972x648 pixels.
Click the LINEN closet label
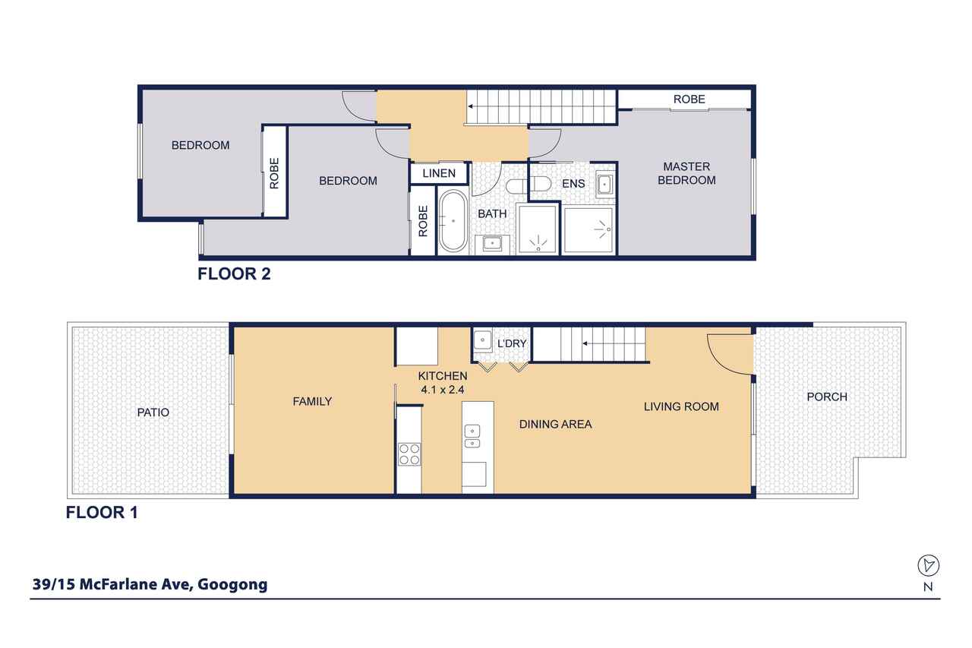tap(439, 173)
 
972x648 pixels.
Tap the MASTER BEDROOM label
tap(686, 173)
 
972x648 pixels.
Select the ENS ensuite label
tap(573, 184)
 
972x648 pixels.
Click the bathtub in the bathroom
tap(453, 221)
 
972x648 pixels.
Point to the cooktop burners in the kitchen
tap(409, 454)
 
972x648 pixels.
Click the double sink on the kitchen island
tap(472, 436)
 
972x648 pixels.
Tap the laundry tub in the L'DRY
tap(482, 340)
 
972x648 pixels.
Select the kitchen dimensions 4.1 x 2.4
tap(443, 390)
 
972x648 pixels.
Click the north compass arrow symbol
tap(928, 565)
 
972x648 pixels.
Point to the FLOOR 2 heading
tap(234, 274)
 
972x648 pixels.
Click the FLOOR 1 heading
tap(102, 513)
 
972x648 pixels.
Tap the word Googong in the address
tap(232, 585)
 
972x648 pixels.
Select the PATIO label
tap(153, 413)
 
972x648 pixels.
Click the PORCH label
tap(827, 397)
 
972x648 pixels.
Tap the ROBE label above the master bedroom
tap(689, 100)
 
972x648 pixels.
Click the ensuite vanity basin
tap(604, 185)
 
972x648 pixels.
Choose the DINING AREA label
tap(555, 424)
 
